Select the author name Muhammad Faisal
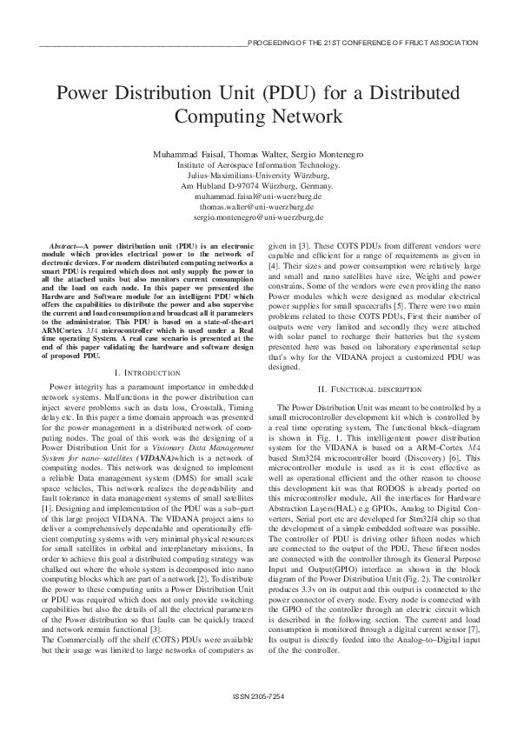click(x=182, y=153)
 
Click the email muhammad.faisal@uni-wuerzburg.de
click(x=258, y=196)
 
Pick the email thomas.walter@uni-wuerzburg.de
click(x=258, y=207)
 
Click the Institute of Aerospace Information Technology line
click(x=258, y=163)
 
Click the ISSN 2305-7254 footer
click(x=258, y=697)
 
